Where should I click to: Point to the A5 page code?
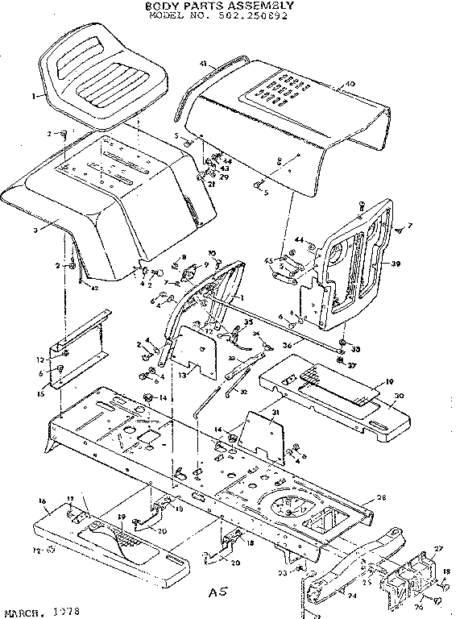[x=217, y=592]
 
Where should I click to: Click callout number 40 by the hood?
[x=350, y=85]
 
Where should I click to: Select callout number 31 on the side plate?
[x=275, y=414]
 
